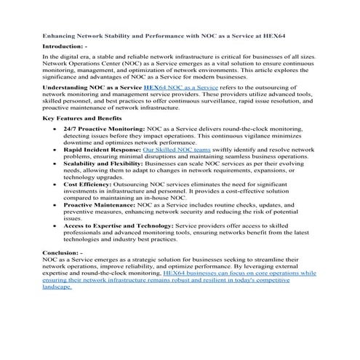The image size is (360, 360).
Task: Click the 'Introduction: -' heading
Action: coord(65,46)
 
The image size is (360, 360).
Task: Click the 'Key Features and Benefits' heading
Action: coord(81,118)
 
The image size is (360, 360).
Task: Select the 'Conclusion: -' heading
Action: coord(63,251)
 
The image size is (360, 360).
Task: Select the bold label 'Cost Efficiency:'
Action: coord(87,185)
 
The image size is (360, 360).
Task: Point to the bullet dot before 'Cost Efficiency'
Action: coord(56,185)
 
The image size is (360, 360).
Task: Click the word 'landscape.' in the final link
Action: coord(57,287)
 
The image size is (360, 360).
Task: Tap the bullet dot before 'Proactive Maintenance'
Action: coord(56,205)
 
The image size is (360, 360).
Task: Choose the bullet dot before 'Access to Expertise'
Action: coord(56,226)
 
